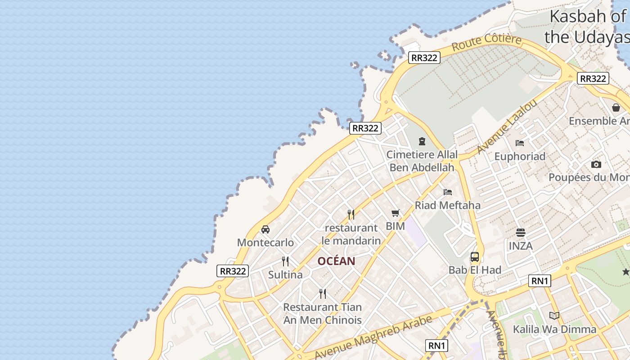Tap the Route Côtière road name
pyautogui.click(x=486, y=42)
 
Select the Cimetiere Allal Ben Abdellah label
pyautogui.click(x=422, y=161)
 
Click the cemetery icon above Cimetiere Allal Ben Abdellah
pyautogui.click(x=422, y=142)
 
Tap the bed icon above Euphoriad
pyautogui.click(x=520, y=143)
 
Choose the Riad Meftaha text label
pyautogui.click(x=448, y=205)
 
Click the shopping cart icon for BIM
pyautogui.click(x=396, y=213)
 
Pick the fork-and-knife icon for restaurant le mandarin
pyautogui.click(x=351, y=215)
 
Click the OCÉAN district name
pyautogui.click(x=336, y=261)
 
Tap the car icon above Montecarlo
pyautogui.click(x=265, y=229)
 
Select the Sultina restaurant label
pyautogui.click(x=285, y=274)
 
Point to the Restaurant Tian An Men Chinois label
pyautogui.click(x=322, y=314)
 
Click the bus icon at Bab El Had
pyautogui.click(x=475, y=257)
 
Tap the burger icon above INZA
pyautogui.click(x=521, y=233)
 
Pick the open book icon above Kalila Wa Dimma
pyautogui.click(x=554, y=316)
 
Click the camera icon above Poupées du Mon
pyautogui.click(x=596, y=164)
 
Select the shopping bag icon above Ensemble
pyautogui.click(x=616, y=108)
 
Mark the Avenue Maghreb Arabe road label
pyautogui.click(x=373, y=337)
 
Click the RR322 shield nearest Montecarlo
pyautogui.click(x=233, y=271)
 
